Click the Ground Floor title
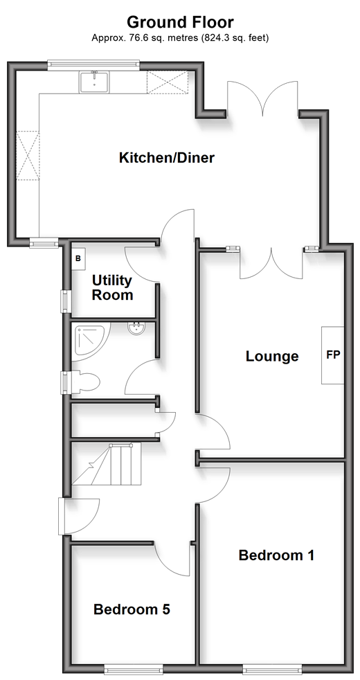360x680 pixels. point(180,21)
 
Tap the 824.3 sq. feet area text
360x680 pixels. point(235,38)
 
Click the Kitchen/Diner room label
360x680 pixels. point(167,157)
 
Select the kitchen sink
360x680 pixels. point(94,82)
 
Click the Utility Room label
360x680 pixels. point(112,287)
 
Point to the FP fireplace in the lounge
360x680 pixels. point(333,355)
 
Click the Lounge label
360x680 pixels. point(272,357)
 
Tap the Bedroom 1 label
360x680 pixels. point(276,555)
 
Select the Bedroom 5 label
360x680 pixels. point(132,609)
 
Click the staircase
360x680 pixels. point(107,463)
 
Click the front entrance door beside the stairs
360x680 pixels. point(80,516)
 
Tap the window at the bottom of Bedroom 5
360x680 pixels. point(134,670)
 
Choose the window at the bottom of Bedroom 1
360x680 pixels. point(272,670)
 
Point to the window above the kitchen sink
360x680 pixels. point(93,64)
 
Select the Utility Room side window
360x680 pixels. point(64,301)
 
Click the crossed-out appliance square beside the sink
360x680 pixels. point(168,82)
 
